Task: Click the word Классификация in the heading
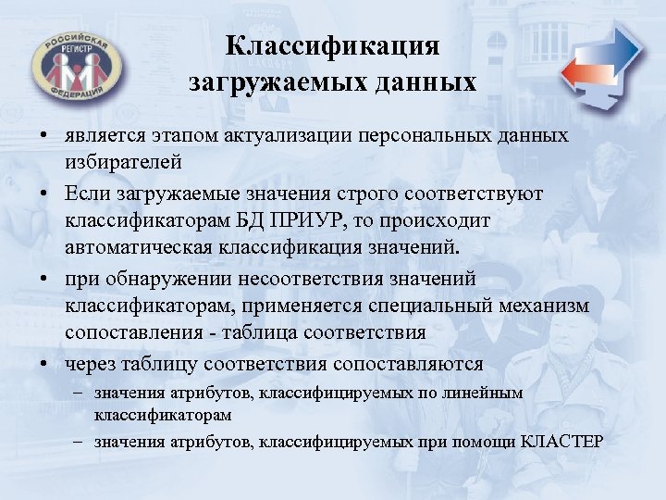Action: pyautogui.click(x=333, y=46)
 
